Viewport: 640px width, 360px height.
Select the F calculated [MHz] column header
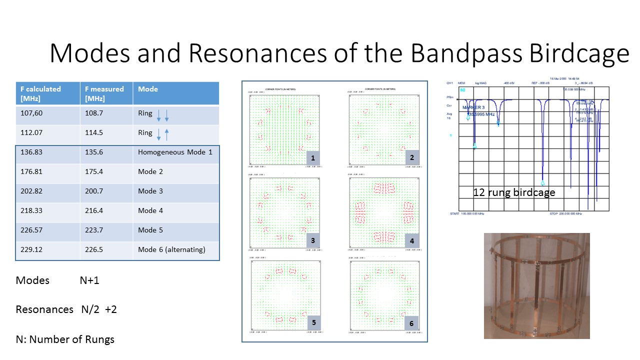(40, 93)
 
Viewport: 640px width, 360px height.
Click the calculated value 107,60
(31, 113)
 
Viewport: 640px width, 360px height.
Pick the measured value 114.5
(94, 133)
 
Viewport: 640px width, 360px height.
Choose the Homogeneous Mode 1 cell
(175, 152)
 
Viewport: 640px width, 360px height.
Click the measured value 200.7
(94, 191)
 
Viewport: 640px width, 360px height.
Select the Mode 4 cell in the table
(150, 210)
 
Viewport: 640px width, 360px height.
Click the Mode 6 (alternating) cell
(171, 249)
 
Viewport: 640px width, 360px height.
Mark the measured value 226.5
(94, 249)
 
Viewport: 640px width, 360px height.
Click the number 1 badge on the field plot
(313, 158)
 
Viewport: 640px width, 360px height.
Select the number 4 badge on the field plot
(412, 240)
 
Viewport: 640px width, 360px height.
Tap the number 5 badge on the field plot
(313, 322)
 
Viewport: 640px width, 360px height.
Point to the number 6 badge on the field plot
(411, 323)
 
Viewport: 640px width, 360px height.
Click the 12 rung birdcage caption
(514, 192)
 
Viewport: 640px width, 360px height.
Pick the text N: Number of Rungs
(65, 339)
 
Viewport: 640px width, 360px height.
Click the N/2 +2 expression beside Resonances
(99, 309)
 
